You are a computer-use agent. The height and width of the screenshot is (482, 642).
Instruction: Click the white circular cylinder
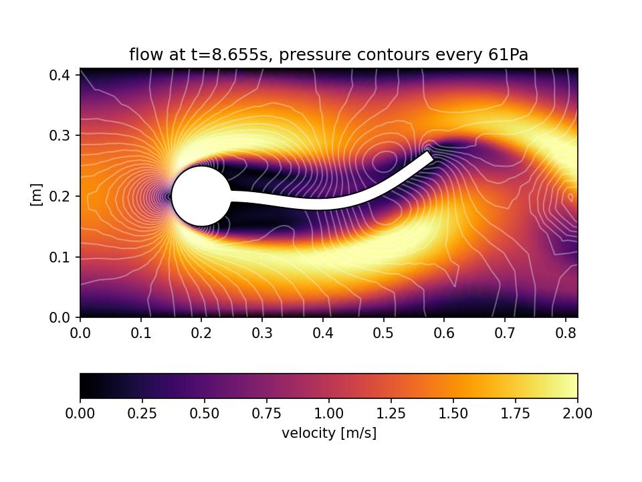point(201,196)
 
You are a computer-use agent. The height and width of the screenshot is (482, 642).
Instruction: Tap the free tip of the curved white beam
point(430,156)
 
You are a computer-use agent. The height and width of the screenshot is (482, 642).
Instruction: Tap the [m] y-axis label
point(37,195)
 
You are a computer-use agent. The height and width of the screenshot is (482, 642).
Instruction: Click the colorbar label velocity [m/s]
point(329,433)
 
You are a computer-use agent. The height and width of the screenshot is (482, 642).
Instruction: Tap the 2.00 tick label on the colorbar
point(577,414)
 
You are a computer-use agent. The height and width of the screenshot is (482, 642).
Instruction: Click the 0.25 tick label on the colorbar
point(142,414)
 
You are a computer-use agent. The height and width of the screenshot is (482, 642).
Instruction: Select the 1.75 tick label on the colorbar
point(515,414)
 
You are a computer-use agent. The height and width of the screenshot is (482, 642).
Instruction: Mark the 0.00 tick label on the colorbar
point(80,414)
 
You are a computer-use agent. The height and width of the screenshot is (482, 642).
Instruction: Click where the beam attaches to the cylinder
point(231,196)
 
